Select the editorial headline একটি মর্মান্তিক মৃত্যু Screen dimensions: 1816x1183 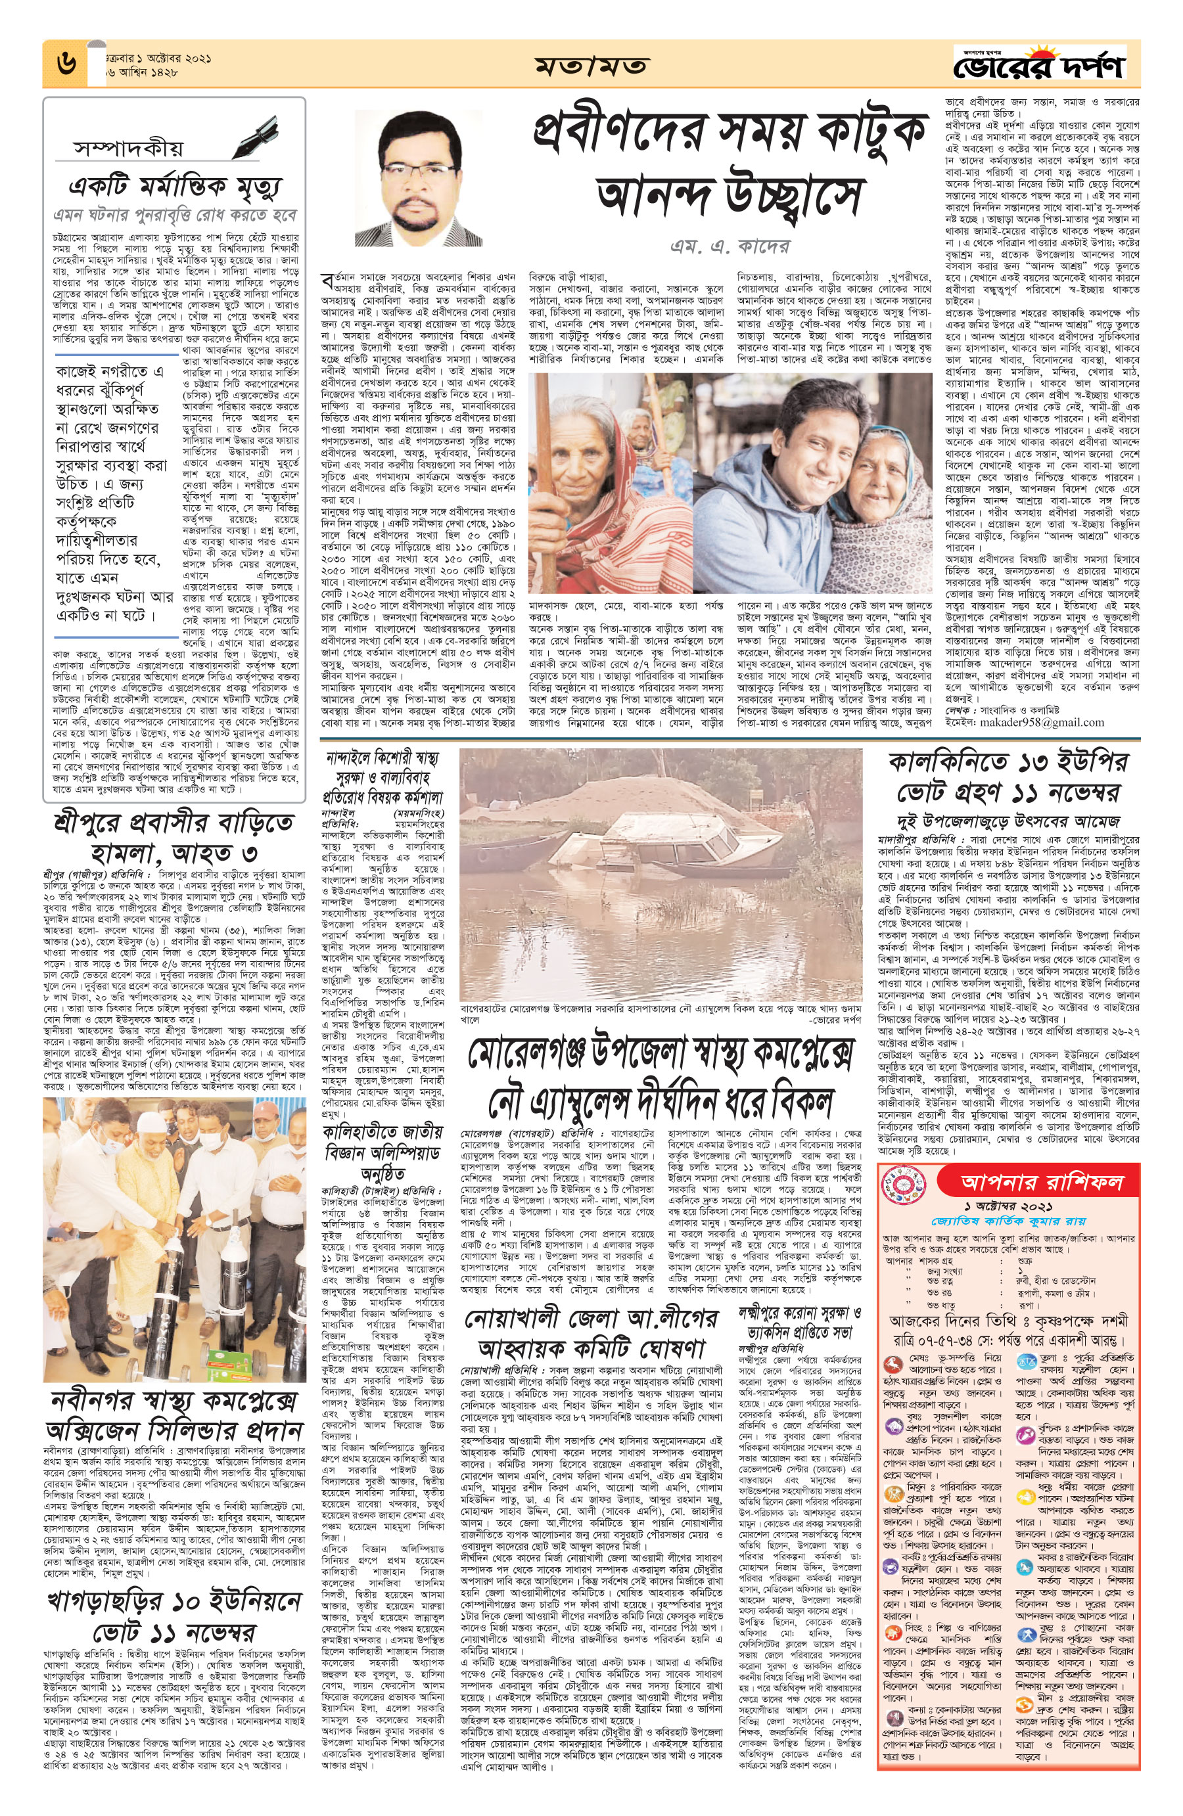tap(175, 186)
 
